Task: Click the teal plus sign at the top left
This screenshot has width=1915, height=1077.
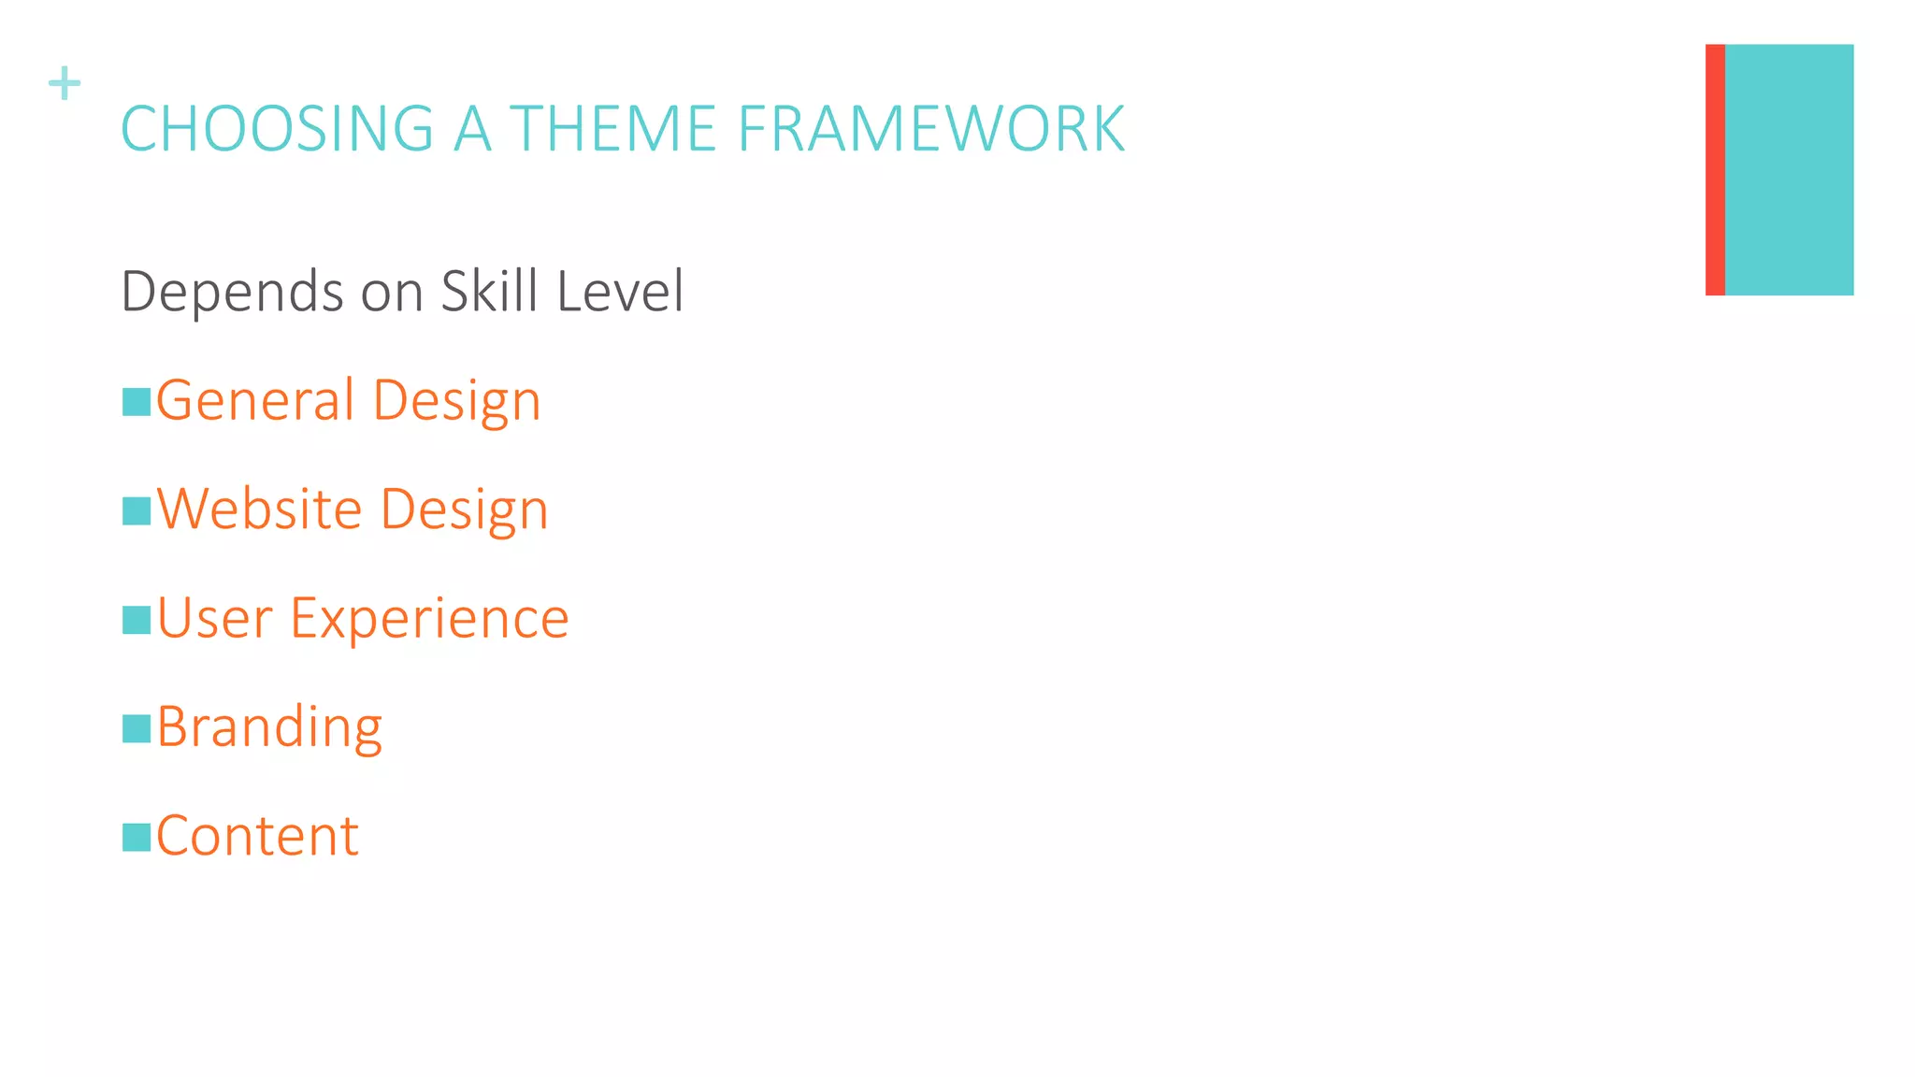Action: coord(65,83)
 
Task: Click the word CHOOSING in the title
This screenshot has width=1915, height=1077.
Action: coord(277,129)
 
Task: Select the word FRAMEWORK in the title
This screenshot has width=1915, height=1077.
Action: coord(931,129)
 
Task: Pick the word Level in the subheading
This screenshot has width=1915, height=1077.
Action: coord(620,291)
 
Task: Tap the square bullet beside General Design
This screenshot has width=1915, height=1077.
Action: coord(137,402)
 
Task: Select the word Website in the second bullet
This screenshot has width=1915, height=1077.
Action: coord(259,510)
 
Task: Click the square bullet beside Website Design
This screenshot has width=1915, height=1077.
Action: coord(137,511)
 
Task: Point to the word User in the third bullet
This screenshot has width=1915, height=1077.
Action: coord(214,619)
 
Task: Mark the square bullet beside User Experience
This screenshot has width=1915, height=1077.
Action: coord(137,620)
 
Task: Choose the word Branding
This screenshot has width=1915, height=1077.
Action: coord(269,728)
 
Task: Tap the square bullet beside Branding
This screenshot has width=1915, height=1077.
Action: coord(137,728)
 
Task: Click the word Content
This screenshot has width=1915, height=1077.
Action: coord(257,836)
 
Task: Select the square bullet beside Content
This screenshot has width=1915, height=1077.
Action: coord(137,837)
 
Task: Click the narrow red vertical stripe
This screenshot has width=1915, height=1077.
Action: coord(1714,170)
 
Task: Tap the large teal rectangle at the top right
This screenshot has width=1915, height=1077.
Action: coord(1789,170)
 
